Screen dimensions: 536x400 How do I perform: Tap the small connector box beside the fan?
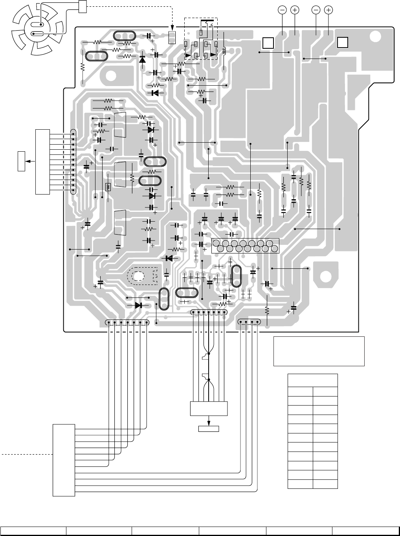pos(83,6)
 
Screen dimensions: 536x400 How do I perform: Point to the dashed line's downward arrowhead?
pos(172,29)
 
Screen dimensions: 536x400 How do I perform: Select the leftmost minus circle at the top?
pos(283,10)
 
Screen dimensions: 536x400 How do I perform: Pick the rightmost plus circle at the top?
pos(329,10)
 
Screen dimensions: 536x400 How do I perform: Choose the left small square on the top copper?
pos(268,43)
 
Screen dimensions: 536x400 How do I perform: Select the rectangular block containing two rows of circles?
pos(245,245)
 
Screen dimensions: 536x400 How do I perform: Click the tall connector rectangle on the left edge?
pos(42,161)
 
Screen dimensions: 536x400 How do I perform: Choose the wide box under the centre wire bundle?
pos(209,409)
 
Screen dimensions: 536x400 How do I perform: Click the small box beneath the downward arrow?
pos(209,428)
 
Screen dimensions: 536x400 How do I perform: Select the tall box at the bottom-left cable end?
pos(64,460)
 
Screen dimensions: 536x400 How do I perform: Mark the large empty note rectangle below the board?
pos(319,351)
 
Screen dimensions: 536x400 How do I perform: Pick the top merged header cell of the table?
pos(312,380)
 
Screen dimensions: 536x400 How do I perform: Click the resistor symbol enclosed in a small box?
pos(108,187)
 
